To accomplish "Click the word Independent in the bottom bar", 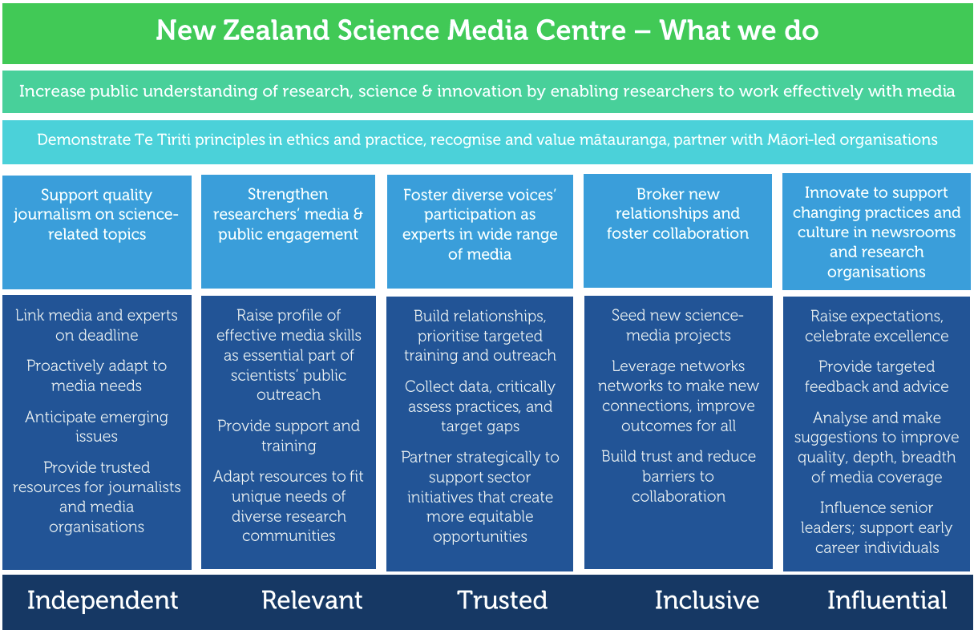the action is (103, 600).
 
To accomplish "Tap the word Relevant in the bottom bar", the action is (312, 600).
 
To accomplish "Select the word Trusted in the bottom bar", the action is (502, 600).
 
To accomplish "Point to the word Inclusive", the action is (707, 600).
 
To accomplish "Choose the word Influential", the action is (887, 600).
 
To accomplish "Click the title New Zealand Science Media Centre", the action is (391, 30).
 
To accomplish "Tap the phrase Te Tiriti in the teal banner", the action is (163, 139).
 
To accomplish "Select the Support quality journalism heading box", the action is (97, 232).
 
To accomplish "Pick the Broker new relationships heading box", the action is (677, 231).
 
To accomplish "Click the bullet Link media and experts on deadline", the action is (96, 325).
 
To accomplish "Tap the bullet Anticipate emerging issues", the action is (96, 426).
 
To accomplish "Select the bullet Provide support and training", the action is (289, 436).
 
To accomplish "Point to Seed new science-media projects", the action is (677, 325).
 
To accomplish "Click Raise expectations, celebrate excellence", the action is (877, 325).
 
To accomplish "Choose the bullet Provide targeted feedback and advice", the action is (877, 377).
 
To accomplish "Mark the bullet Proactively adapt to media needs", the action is (96, 375).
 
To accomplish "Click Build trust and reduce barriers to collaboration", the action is (678, 476).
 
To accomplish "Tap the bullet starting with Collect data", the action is (480, 406).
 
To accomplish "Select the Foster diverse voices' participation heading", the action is (480, 224).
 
